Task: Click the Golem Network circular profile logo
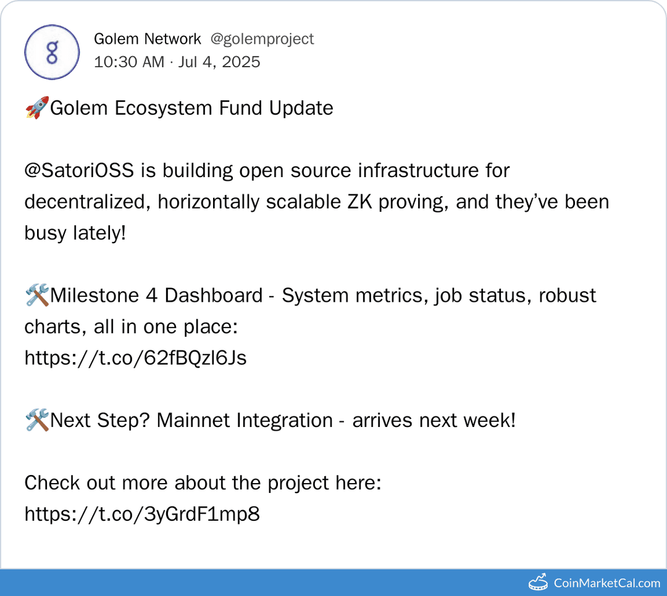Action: point(52,52)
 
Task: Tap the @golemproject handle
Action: point(262,39)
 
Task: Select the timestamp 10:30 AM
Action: point(129,62)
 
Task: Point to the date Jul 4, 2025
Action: point(219,62)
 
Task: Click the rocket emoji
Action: point(36,108)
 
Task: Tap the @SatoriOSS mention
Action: point(79,170)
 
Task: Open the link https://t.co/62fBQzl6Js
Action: point(135,358)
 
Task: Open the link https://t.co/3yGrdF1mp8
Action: point(141,514)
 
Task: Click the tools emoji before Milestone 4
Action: point(36,296)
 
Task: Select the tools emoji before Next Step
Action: point(36,421)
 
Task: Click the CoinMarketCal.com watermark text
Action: point(606,583)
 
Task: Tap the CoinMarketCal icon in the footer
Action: point(539,582)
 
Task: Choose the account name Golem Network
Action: point(147,39)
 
